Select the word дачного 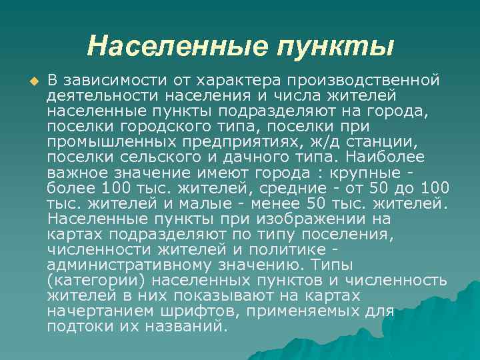point(255,157)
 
